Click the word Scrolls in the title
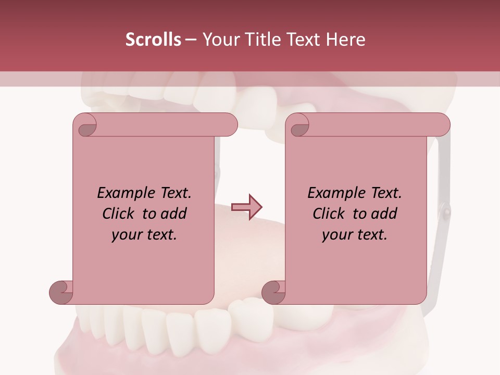[153, 40]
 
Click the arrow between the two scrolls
[247, 207]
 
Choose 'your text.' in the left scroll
[144, 235]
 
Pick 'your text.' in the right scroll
[354, 235]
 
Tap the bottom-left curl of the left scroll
[61, 292]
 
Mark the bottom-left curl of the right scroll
[274, 292]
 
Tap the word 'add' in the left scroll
[173, 214]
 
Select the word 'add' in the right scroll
[383, 214]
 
